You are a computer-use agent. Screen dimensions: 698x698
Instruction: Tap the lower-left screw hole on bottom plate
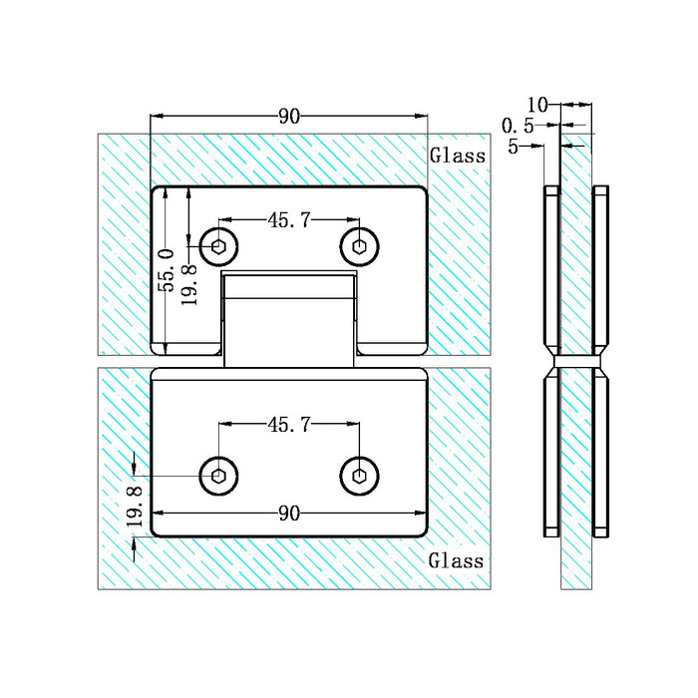tap(218, 475)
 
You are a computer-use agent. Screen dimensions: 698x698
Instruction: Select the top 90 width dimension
tap(289, 117)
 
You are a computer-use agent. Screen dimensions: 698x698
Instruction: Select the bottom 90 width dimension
tap(289, 514)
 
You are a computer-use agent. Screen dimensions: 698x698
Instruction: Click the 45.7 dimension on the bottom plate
tap(288, 425)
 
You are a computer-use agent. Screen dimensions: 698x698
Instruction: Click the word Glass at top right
tap(458, 156)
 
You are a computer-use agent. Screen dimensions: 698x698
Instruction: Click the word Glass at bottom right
tap(458, 560)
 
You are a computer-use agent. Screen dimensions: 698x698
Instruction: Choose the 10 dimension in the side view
tap(537, 104)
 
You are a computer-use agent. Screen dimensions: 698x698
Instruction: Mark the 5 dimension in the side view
tap(513, 147)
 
